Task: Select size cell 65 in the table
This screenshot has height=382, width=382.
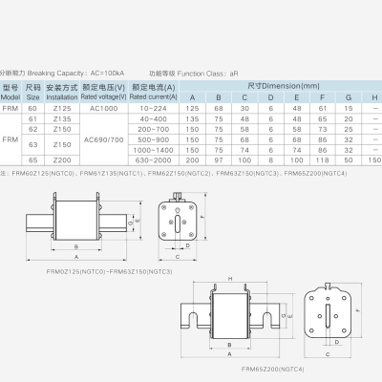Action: click(x=33, y=161)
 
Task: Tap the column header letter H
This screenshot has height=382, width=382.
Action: click(x=373, y=97)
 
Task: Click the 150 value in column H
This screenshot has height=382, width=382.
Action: click(x=373, y=161)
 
